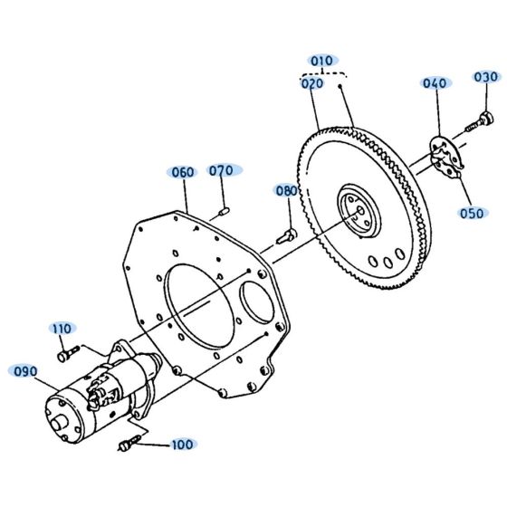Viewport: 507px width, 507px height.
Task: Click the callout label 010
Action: [x=322, y=61]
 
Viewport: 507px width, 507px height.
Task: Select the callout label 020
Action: [x=312, y=83]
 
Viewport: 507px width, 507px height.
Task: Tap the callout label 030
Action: [x=485, y=77]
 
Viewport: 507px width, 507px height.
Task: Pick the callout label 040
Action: [x=435, y=83]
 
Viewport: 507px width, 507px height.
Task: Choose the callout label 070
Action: [x=221, y=170]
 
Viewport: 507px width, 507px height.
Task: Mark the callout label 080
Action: [x=286, y=191]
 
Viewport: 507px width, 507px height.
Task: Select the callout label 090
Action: [x=24, y=370]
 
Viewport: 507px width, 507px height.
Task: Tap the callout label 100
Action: [x=182, y=445]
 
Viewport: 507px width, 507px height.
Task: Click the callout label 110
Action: [x=62, y=328]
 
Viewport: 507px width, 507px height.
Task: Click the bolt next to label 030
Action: [x=481, y=120]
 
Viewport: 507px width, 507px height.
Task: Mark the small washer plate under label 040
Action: [x=443, y=154]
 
